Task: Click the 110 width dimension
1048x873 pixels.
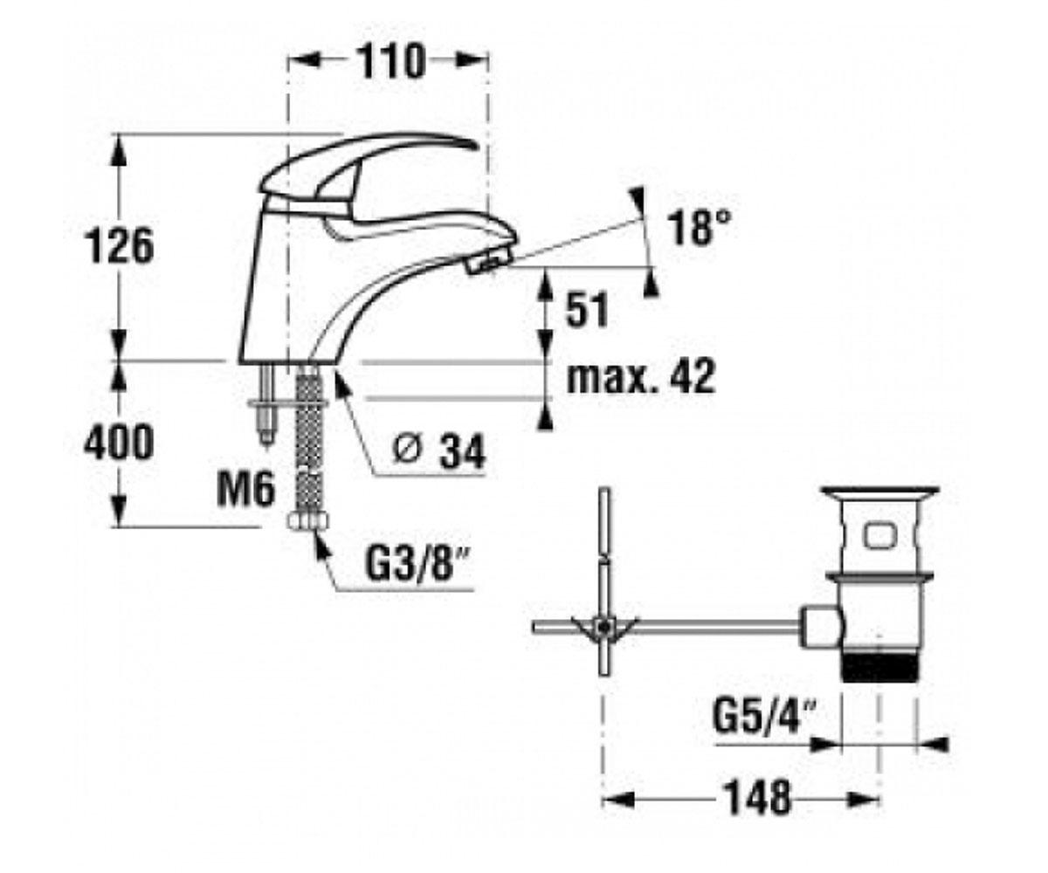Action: (390, 61)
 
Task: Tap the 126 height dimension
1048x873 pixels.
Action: (120, 246)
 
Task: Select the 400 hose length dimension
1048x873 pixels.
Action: (119, 442)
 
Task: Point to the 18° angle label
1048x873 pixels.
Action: (699, 227)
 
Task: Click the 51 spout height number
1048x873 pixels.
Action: (586, 310)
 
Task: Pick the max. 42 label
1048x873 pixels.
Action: (640, 377)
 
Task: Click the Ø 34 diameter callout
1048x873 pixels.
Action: (439, 451)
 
